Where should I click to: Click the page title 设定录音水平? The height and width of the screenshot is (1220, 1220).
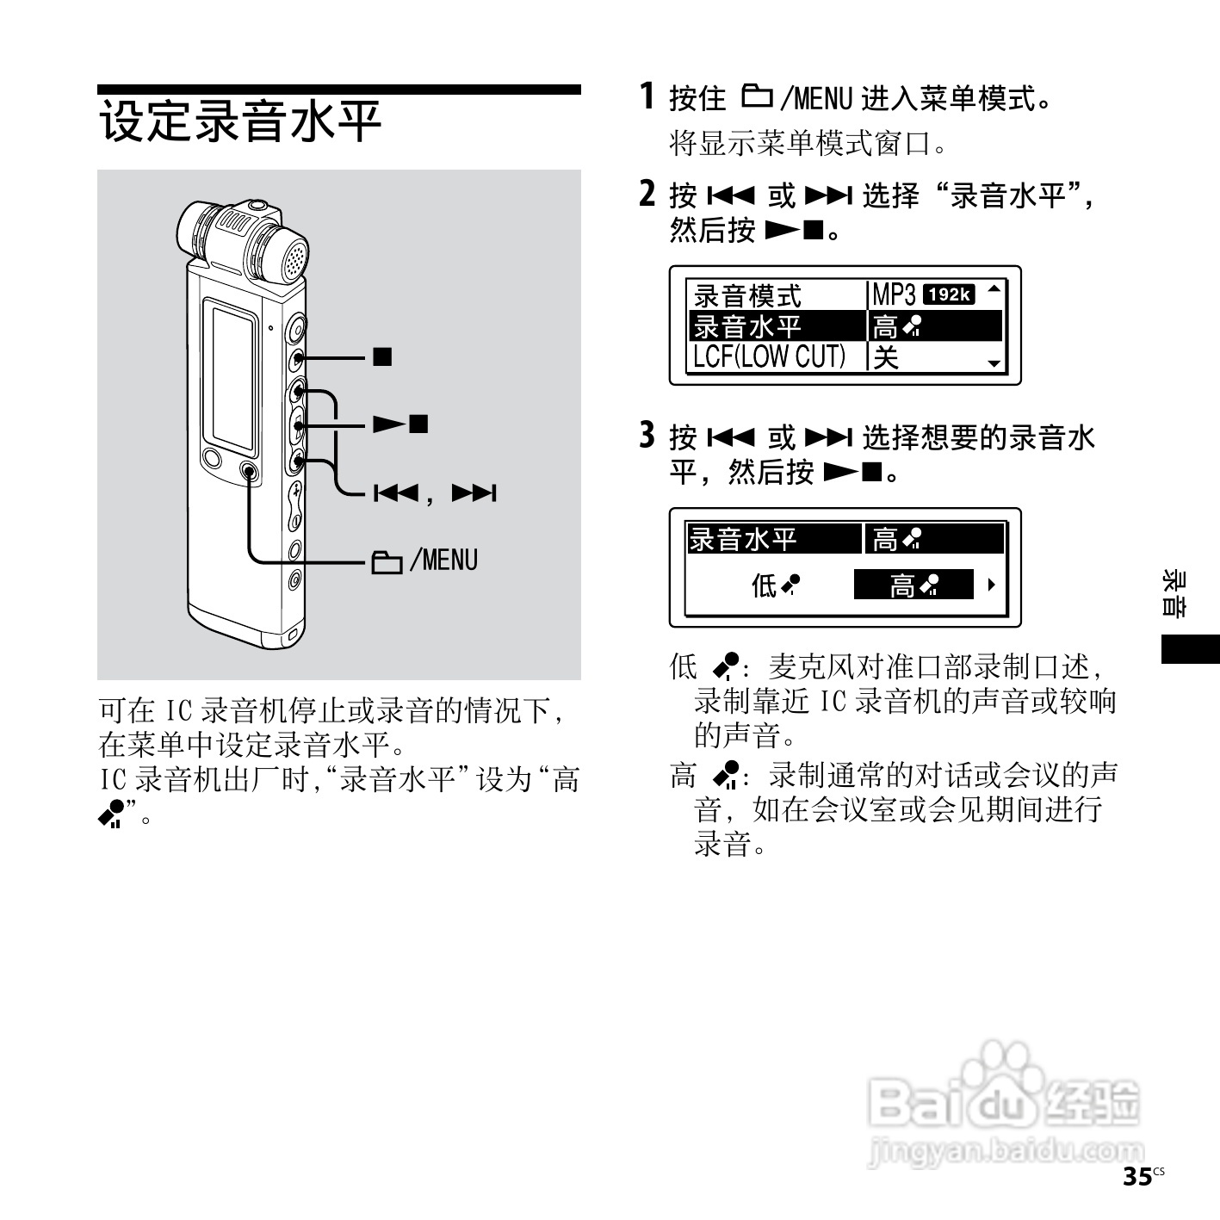(x=241, y=121)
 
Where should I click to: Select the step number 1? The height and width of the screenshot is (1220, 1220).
(x=647, y=96)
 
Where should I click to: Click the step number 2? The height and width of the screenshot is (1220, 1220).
(x=648, y=195)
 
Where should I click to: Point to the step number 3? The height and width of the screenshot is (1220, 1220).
(x=648, y=437)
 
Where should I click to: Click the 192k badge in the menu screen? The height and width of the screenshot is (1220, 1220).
(x=948, y=294)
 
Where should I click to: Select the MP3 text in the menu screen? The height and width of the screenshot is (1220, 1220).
(x=893, y=294)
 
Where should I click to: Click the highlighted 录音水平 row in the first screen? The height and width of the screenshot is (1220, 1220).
(x=747, y=326)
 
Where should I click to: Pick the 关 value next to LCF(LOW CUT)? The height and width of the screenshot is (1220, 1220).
(x=885, y=356)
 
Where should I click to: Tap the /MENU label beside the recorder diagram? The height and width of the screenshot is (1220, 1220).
(x=443, y=560)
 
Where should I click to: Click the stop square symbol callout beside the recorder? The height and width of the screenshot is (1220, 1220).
(x=382, y=356)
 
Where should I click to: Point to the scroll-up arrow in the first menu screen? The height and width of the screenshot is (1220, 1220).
(x=994, y=288)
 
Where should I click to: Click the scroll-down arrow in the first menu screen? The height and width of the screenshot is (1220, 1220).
(x=994, y=363)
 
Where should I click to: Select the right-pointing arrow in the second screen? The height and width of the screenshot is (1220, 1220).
(x=991, y=585)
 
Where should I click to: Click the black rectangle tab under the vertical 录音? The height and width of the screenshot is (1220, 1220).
(x=1190, y=648)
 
